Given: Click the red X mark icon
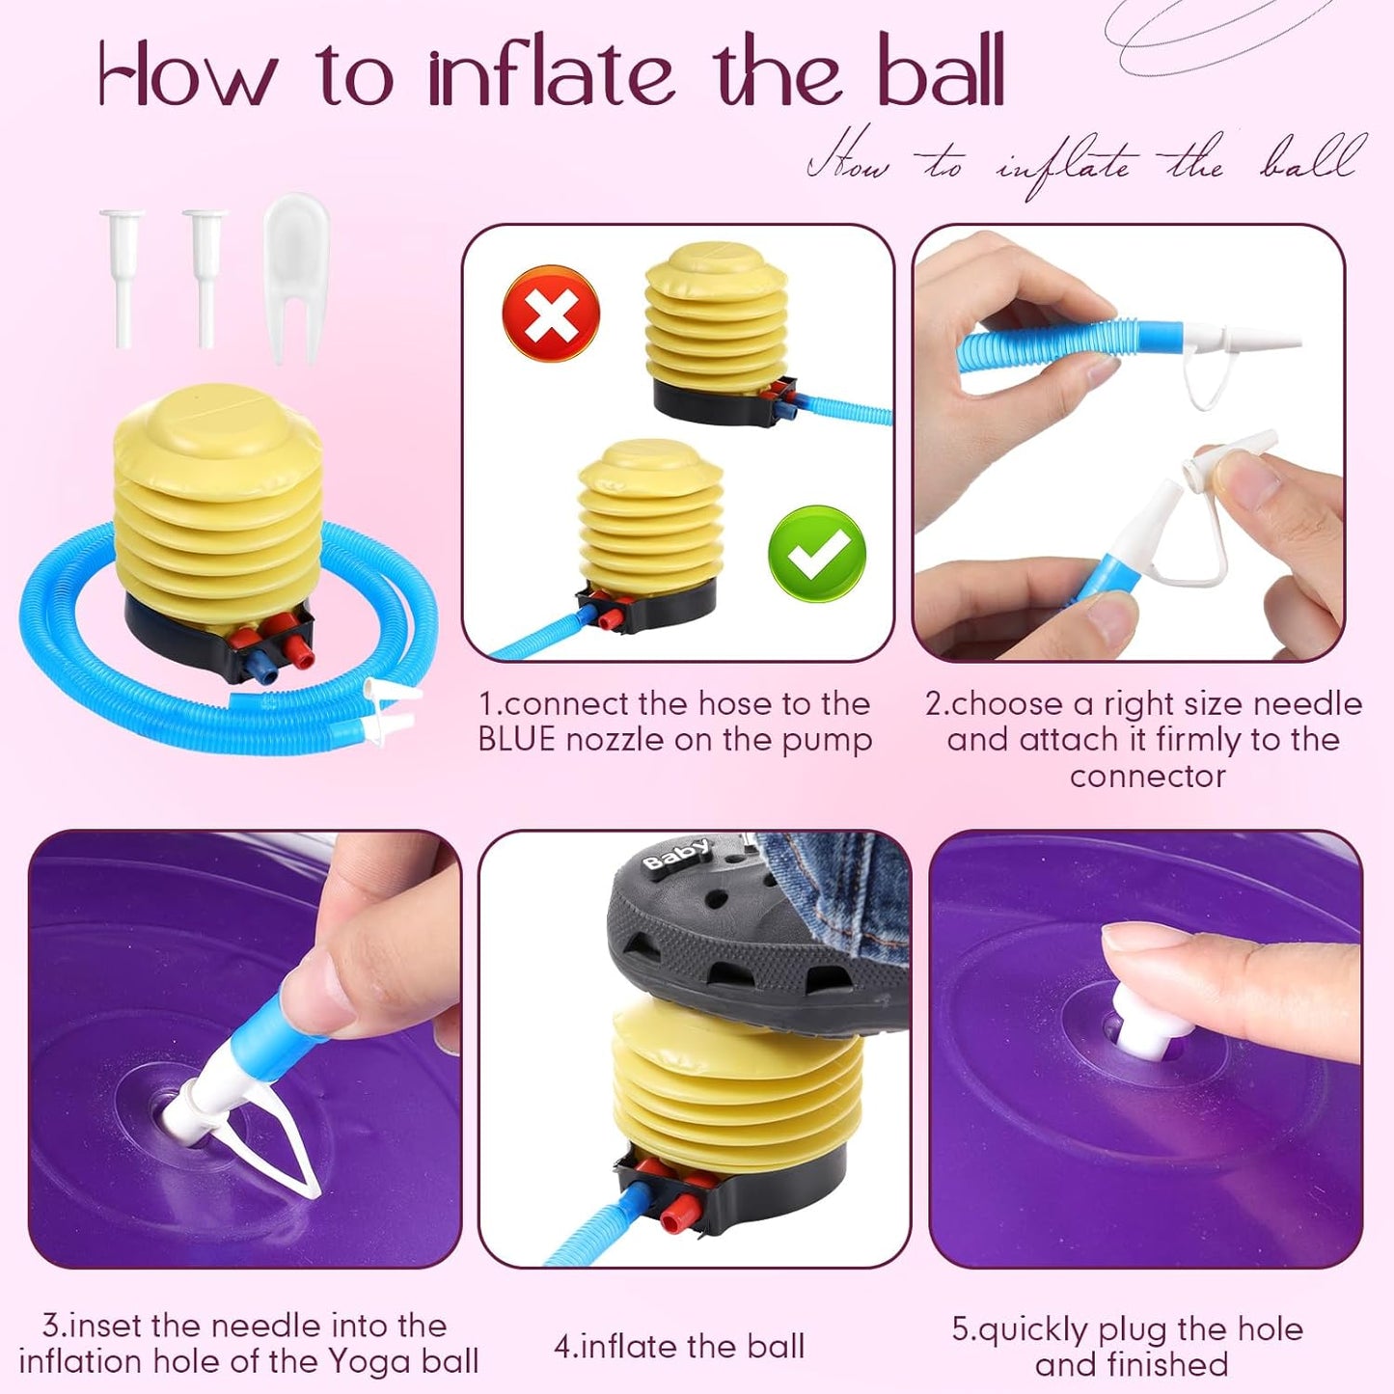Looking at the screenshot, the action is [x=551, y=314].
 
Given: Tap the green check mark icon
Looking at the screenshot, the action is [x=817, y=554].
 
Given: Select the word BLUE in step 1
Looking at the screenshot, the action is [x=516, y=739].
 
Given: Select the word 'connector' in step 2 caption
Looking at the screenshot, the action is [x=1147, y=777].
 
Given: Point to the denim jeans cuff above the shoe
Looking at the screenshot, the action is [x=832, y=883].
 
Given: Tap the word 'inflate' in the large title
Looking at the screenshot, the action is [x=551, y=73].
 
